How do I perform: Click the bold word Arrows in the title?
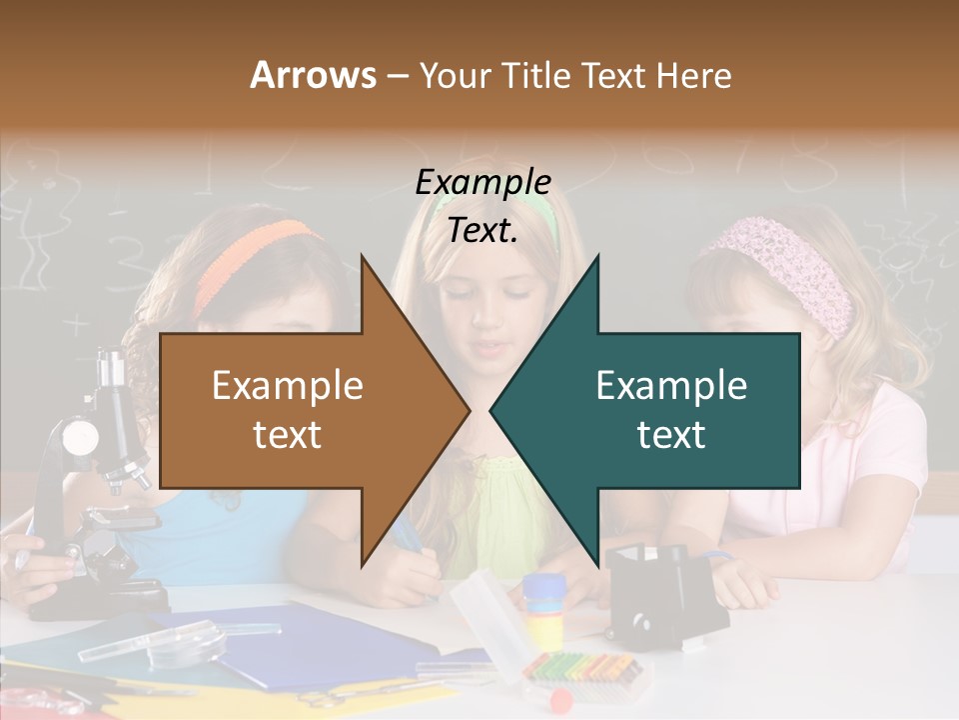[x=313, y=75]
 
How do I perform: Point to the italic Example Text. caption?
[x=482, y=206]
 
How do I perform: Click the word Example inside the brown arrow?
[x=287, y=385]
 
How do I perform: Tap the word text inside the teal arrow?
[x=671, y=434]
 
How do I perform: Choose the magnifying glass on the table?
[x=186, y=641]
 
